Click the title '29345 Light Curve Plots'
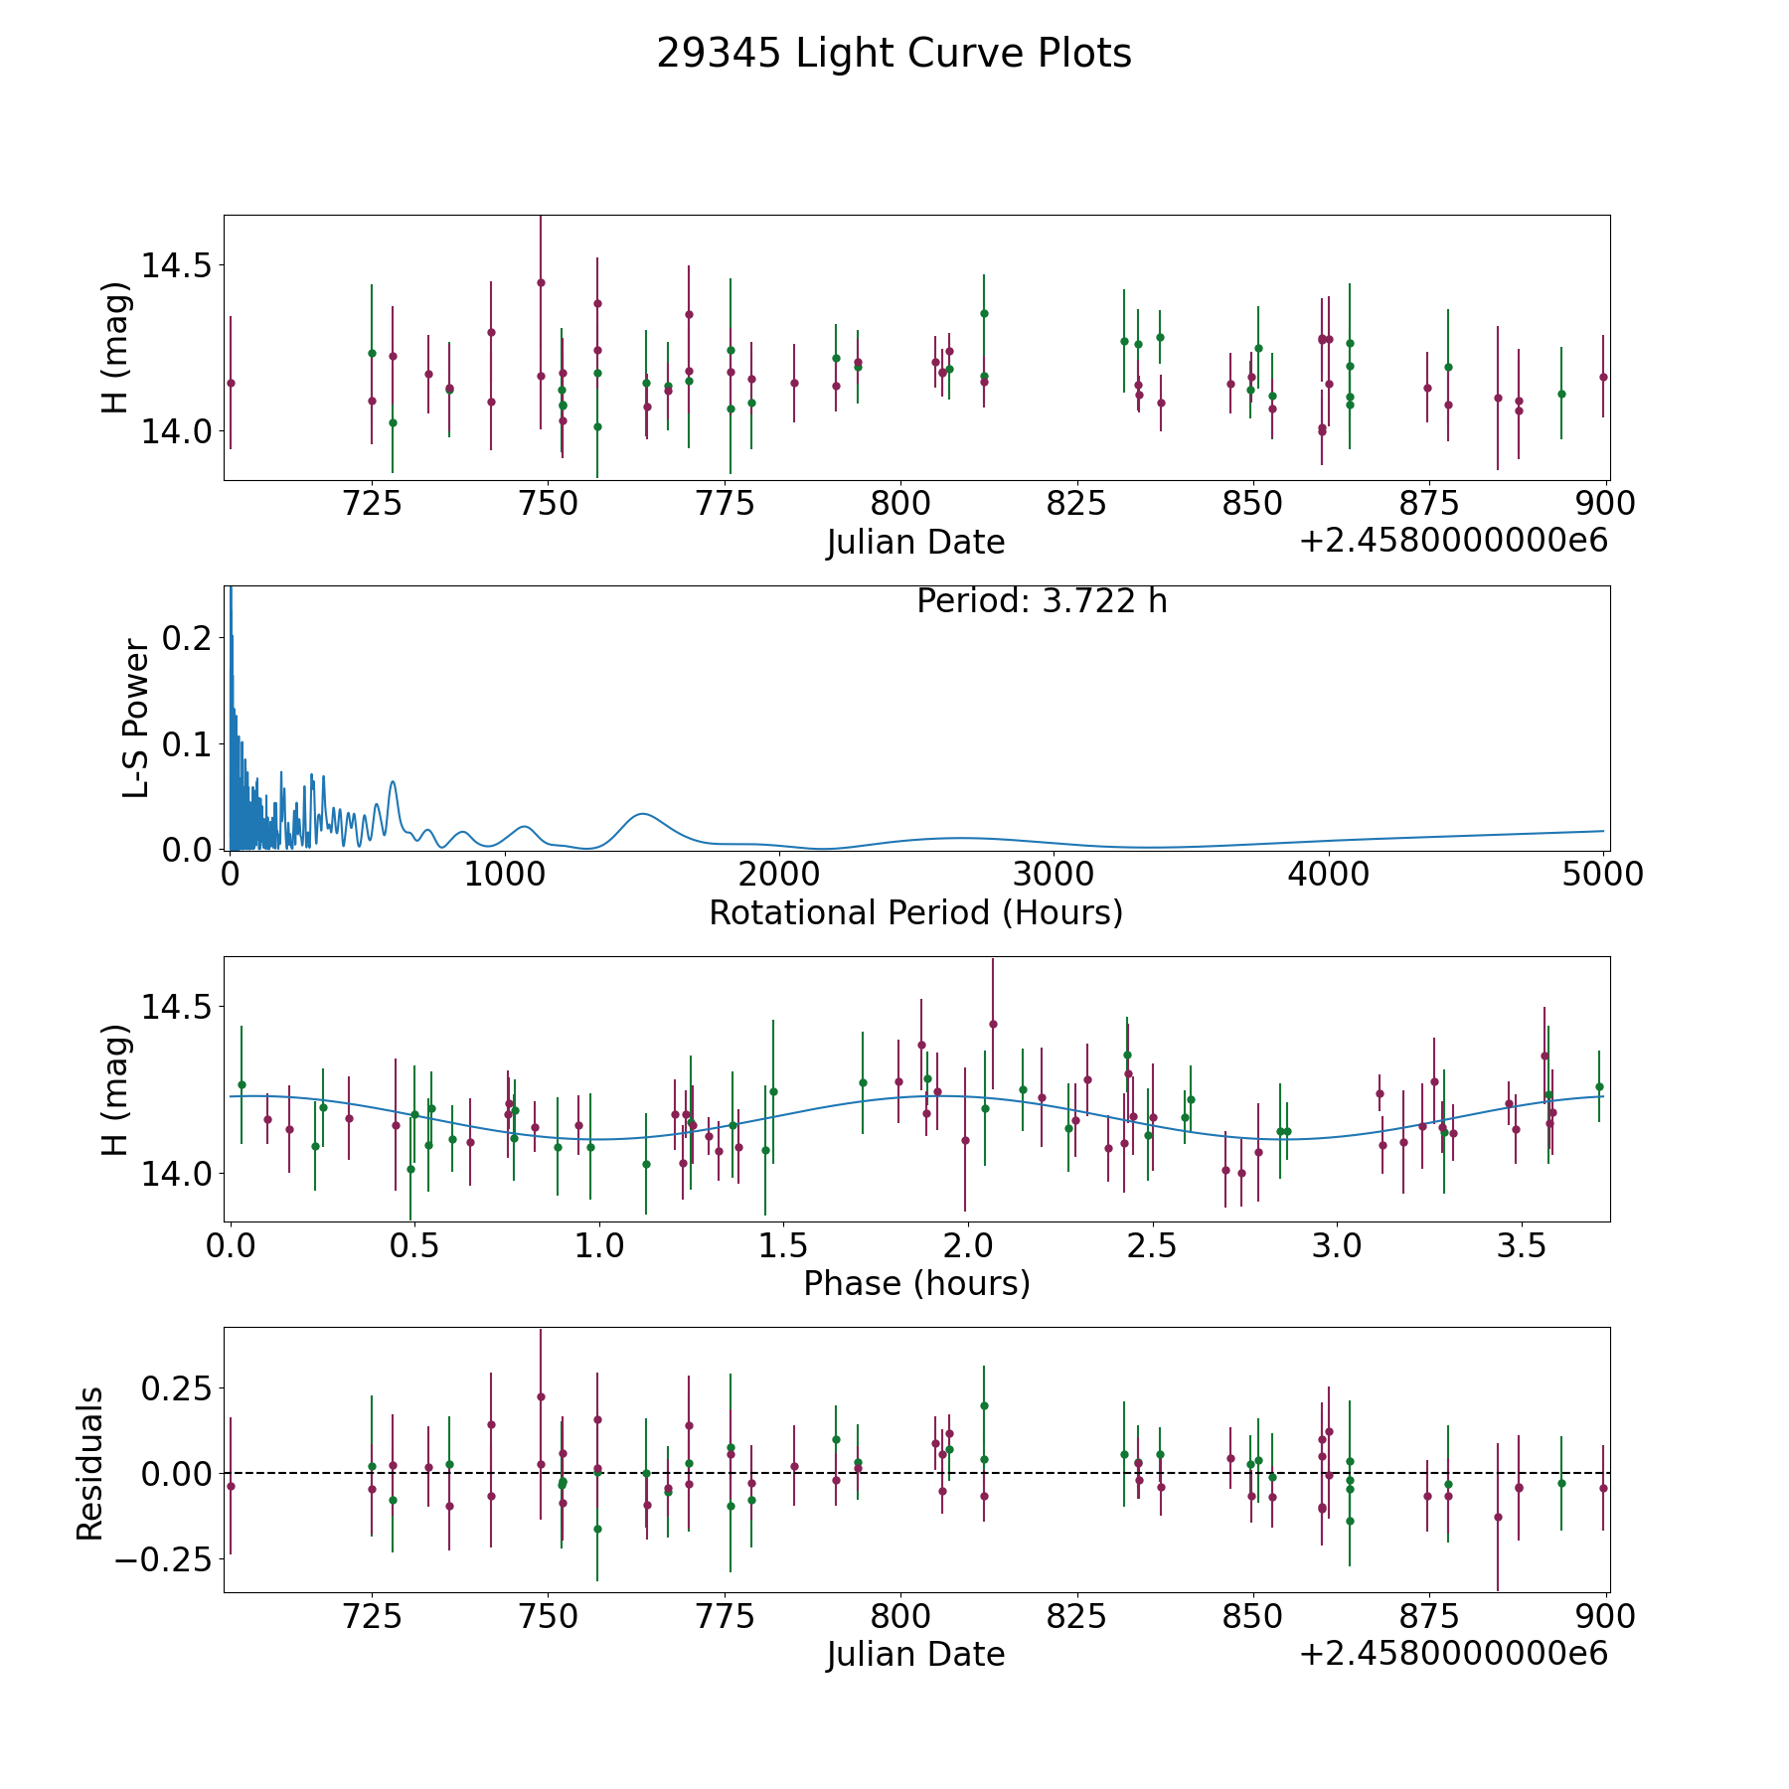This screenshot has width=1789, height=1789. (x=894, y=54)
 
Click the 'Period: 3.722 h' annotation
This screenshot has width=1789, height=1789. (x=1042, y=601)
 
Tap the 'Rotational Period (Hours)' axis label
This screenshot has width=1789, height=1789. (x=915, y=912)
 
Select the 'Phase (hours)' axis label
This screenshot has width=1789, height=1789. (x=915, y=1283)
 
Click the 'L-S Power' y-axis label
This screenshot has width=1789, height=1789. (x=136, y=719)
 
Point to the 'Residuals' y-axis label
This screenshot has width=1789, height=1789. (x=89, y=1464)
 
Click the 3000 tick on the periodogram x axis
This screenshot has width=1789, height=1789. (x=1054, y=875)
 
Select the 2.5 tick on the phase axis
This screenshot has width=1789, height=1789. (x=1152, y=1245)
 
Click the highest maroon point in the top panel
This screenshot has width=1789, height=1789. (x=541, y=282)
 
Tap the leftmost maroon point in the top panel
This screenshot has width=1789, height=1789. (x=231, y=383)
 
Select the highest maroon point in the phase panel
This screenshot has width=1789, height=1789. (x=992, y=1024)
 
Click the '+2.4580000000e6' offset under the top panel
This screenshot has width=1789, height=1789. (x=1453, y=542)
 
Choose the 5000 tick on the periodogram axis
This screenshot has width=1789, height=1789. (x=1602, y=875)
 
